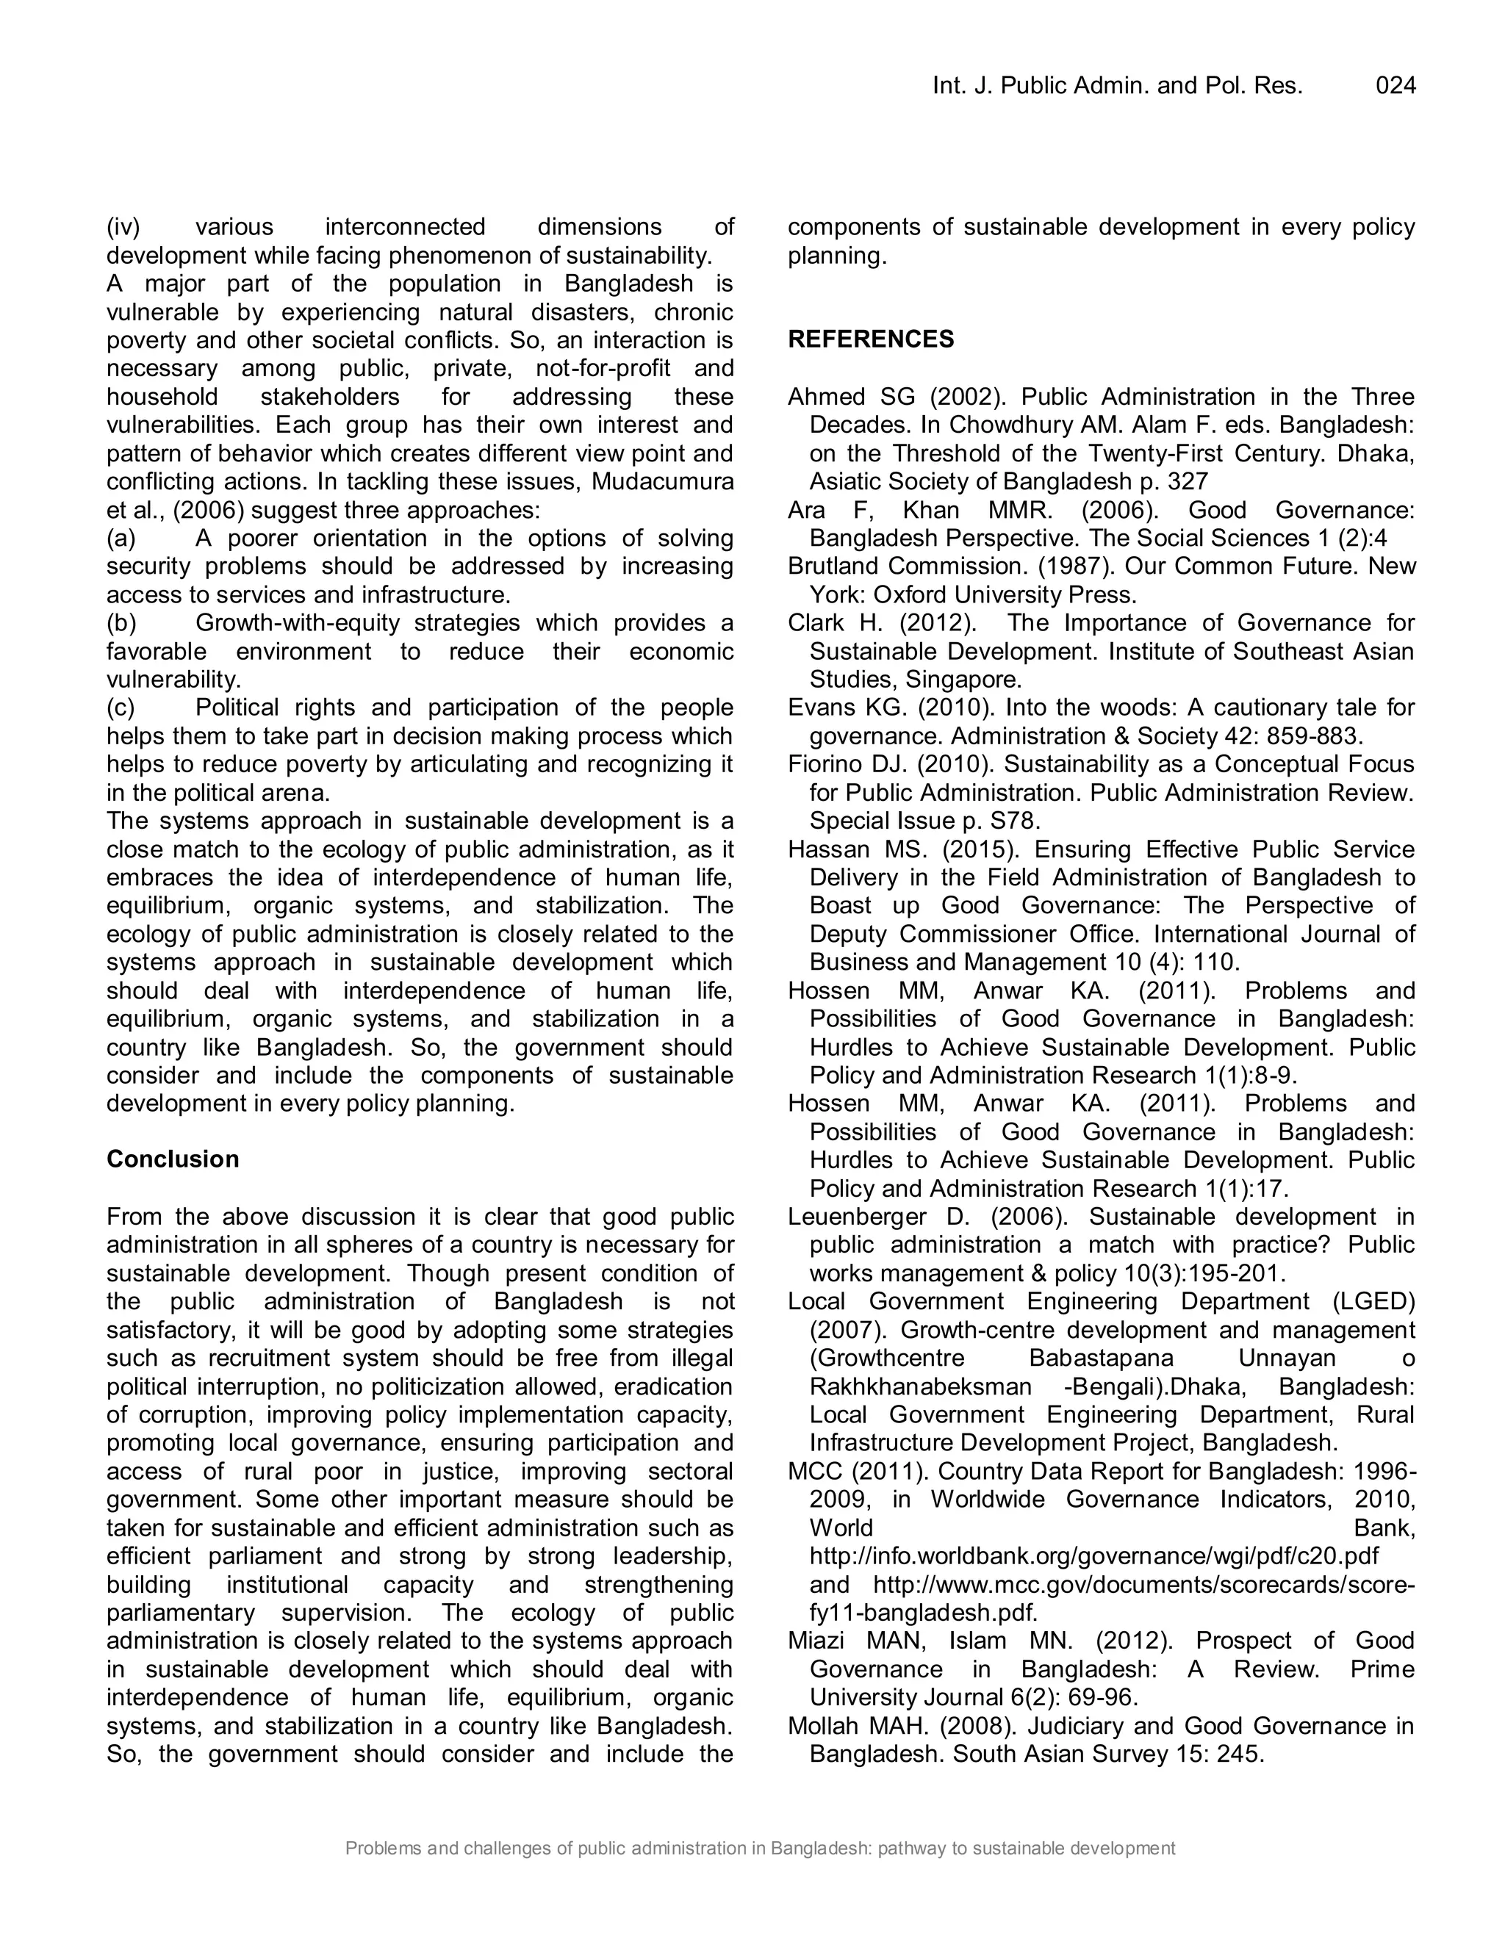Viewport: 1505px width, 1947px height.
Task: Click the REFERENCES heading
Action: [870, 339]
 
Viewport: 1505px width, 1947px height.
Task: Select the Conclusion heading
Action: [173, 1159]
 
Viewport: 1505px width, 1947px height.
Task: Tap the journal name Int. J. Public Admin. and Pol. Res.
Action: [1117, 85]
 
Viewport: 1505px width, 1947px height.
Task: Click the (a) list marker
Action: [121, 539]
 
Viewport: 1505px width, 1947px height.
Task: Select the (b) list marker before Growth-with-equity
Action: [121, 623]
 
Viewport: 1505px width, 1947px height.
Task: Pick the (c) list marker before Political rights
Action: [121, 708]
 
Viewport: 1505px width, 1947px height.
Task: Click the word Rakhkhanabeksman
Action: [920, 1387]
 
